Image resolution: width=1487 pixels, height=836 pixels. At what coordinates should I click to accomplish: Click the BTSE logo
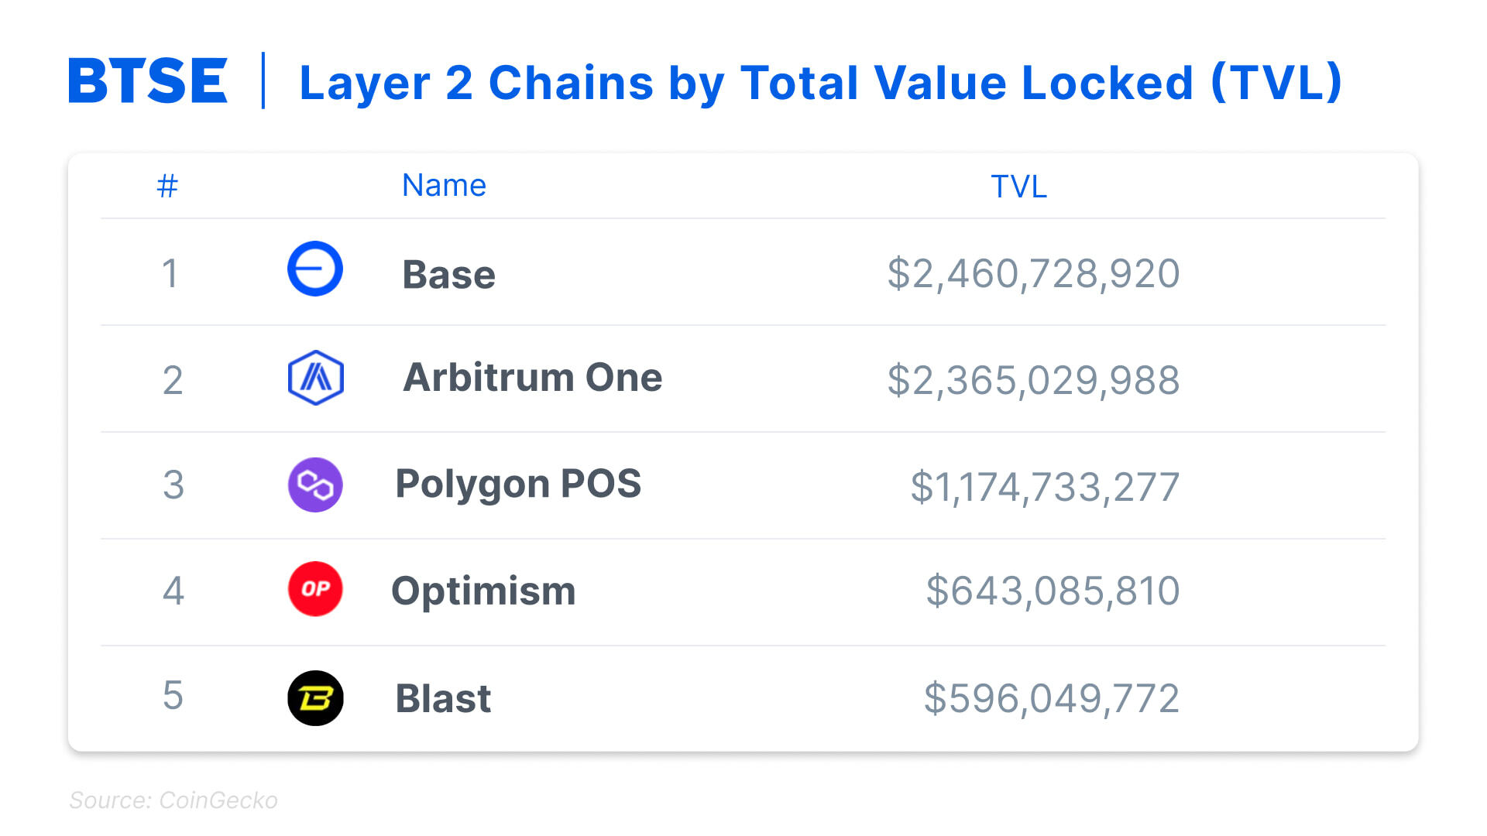(x=148, y=81)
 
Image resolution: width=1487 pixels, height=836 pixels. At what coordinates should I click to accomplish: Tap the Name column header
(x=444, y=186)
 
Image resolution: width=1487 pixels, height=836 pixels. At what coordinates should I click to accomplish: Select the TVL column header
(x=1018, y=187)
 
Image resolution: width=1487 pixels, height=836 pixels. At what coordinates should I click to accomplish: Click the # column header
(x=167, y=186)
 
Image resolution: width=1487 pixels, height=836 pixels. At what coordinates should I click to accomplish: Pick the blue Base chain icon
(x=315, y=269)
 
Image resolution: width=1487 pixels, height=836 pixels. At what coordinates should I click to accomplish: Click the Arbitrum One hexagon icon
(x=315, y=378)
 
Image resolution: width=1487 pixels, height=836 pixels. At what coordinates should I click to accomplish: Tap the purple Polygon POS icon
(x=315, y=485)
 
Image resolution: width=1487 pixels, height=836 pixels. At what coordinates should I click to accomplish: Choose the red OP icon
(x=315, y=589)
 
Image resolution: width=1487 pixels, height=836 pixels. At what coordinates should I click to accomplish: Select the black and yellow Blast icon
(x=315, y=697)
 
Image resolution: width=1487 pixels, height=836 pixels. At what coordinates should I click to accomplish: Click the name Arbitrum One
(x=532, y=378)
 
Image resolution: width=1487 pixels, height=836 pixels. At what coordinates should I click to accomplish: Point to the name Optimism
(x=483, y=591)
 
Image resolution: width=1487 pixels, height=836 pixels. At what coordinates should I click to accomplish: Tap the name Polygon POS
(x=518, y=484)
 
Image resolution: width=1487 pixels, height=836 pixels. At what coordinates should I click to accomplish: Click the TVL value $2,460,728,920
(x=1033, y=274)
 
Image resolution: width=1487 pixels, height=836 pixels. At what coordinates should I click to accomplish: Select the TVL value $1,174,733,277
(x=1045, y=488)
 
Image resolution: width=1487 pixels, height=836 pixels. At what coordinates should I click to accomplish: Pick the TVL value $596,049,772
(x=1051, y=698)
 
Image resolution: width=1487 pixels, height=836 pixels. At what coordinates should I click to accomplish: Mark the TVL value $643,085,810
(x=1053, y=591)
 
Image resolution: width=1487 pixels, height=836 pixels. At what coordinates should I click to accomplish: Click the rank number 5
(x=173, y=695)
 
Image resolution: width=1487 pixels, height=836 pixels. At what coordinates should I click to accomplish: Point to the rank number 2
(x=173, y=380)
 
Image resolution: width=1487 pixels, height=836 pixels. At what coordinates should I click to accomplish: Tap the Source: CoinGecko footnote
(x=173, y=800)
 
